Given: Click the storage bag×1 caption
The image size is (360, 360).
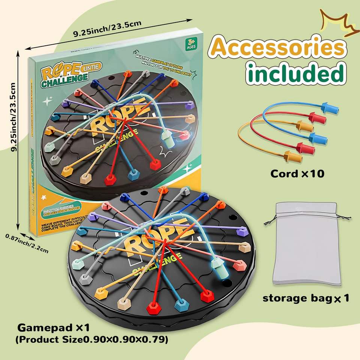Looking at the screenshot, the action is (306, 298).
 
